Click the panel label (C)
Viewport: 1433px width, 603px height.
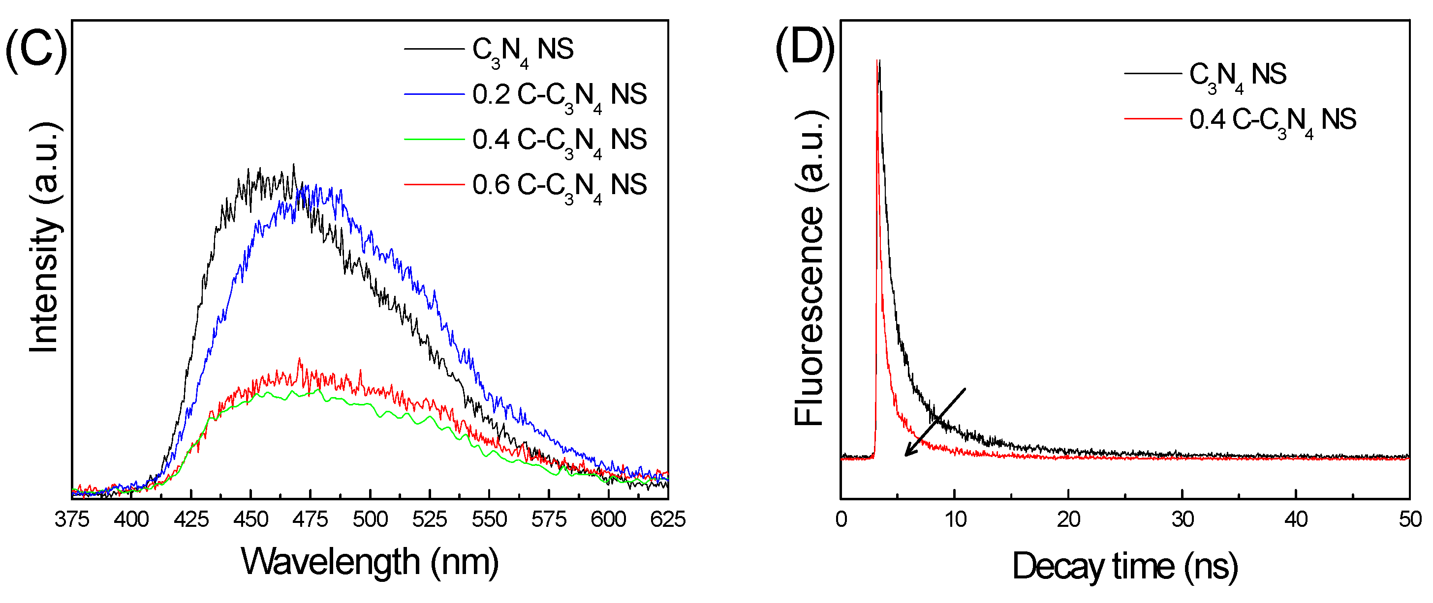[x=36, y=49]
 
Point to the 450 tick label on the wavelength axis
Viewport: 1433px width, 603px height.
[x=251, y=519]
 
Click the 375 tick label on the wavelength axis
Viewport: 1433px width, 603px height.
[x=72, y=519]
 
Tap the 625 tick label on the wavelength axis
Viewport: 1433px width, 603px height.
[x=668, y=519]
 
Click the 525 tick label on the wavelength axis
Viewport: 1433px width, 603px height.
[x=430, y=519]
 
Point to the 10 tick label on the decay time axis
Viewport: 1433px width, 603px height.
[x=955, y=519]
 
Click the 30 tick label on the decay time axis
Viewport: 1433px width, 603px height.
[x=1183, y=519]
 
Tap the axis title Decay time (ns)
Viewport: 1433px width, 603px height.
[x=1125, y=567]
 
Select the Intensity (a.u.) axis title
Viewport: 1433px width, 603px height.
[x=44, y=237]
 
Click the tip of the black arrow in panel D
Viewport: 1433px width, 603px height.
[x=905, y=456]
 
